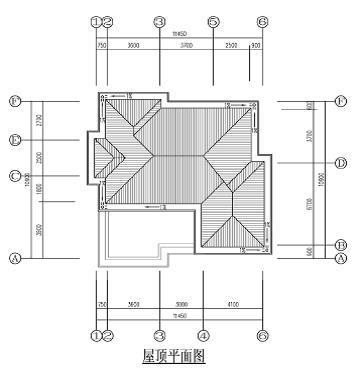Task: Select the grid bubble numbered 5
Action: (x=213, y=21)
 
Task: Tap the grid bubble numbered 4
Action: (x=203, y=336)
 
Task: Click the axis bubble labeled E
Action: (x=14, y=140)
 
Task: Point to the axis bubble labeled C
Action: (x=14, y=177)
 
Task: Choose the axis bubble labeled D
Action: (x=341, y=162)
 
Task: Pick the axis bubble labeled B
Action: (x=341, y=245)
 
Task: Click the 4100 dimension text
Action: (x=233, y=304)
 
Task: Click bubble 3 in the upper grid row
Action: (x=158, y=21)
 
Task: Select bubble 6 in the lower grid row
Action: (x=263, y=336)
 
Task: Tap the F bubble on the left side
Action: (x=14, y=101)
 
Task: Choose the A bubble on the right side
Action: (x=341, y=258)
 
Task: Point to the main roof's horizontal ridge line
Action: (x=180, y=155)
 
